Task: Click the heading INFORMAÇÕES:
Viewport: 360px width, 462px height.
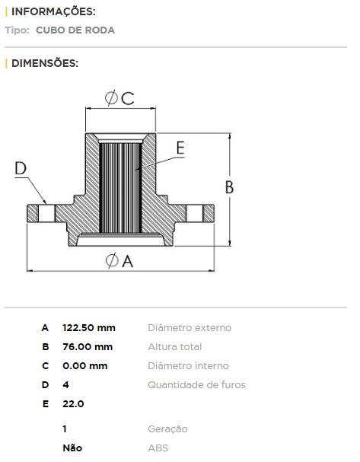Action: coord(53,11)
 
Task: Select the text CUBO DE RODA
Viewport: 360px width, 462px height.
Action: coord(75,30)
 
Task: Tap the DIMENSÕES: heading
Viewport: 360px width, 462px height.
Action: coord(45,63)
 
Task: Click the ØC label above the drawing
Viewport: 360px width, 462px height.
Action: coord(119,98)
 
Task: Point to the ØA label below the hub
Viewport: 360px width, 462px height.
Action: coord(119,260)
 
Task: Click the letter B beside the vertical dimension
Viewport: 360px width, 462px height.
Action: coord(229,187)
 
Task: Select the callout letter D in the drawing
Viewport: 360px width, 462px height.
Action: coord(21,168)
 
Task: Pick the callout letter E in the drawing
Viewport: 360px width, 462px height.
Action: coord(180,148)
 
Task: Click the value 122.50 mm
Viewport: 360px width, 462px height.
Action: coord(89,327)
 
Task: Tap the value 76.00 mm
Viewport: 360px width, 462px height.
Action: coord(88,347)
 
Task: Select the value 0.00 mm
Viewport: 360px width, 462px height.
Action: coord(85,366)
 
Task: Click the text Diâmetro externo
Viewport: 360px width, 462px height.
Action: coord(190,327)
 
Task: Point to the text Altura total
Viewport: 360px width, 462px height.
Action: coord(175,347)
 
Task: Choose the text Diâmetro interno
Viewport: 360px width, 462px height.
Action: coord(189,366)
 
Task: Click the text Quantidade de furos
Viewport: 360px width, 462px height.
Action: coord(197,385)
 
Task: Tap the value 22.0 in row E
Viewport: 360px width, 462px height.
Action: coord(73,404)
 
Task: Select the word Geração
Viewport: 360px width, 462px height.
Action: coord(167,429)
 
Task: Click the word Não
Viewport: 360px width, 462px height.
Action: coord(72,448)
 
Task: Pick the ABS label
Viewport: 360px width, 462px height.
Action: coord(158,448)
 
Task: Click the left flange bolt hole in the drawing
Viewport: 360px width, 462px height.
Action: coord(46,213)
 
